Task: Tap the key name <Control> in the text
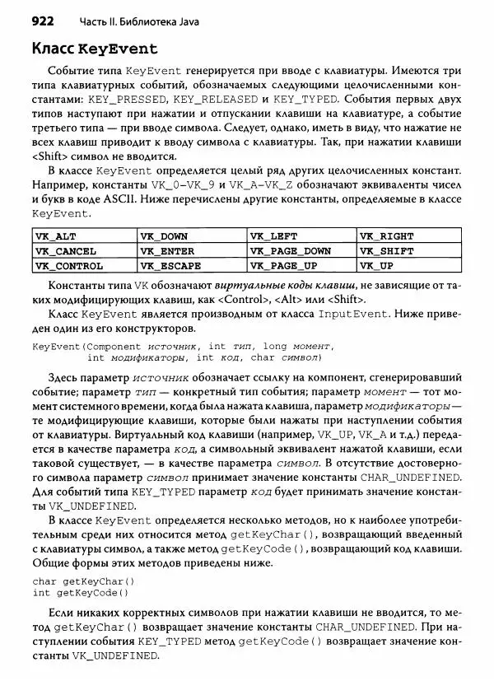289,299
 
